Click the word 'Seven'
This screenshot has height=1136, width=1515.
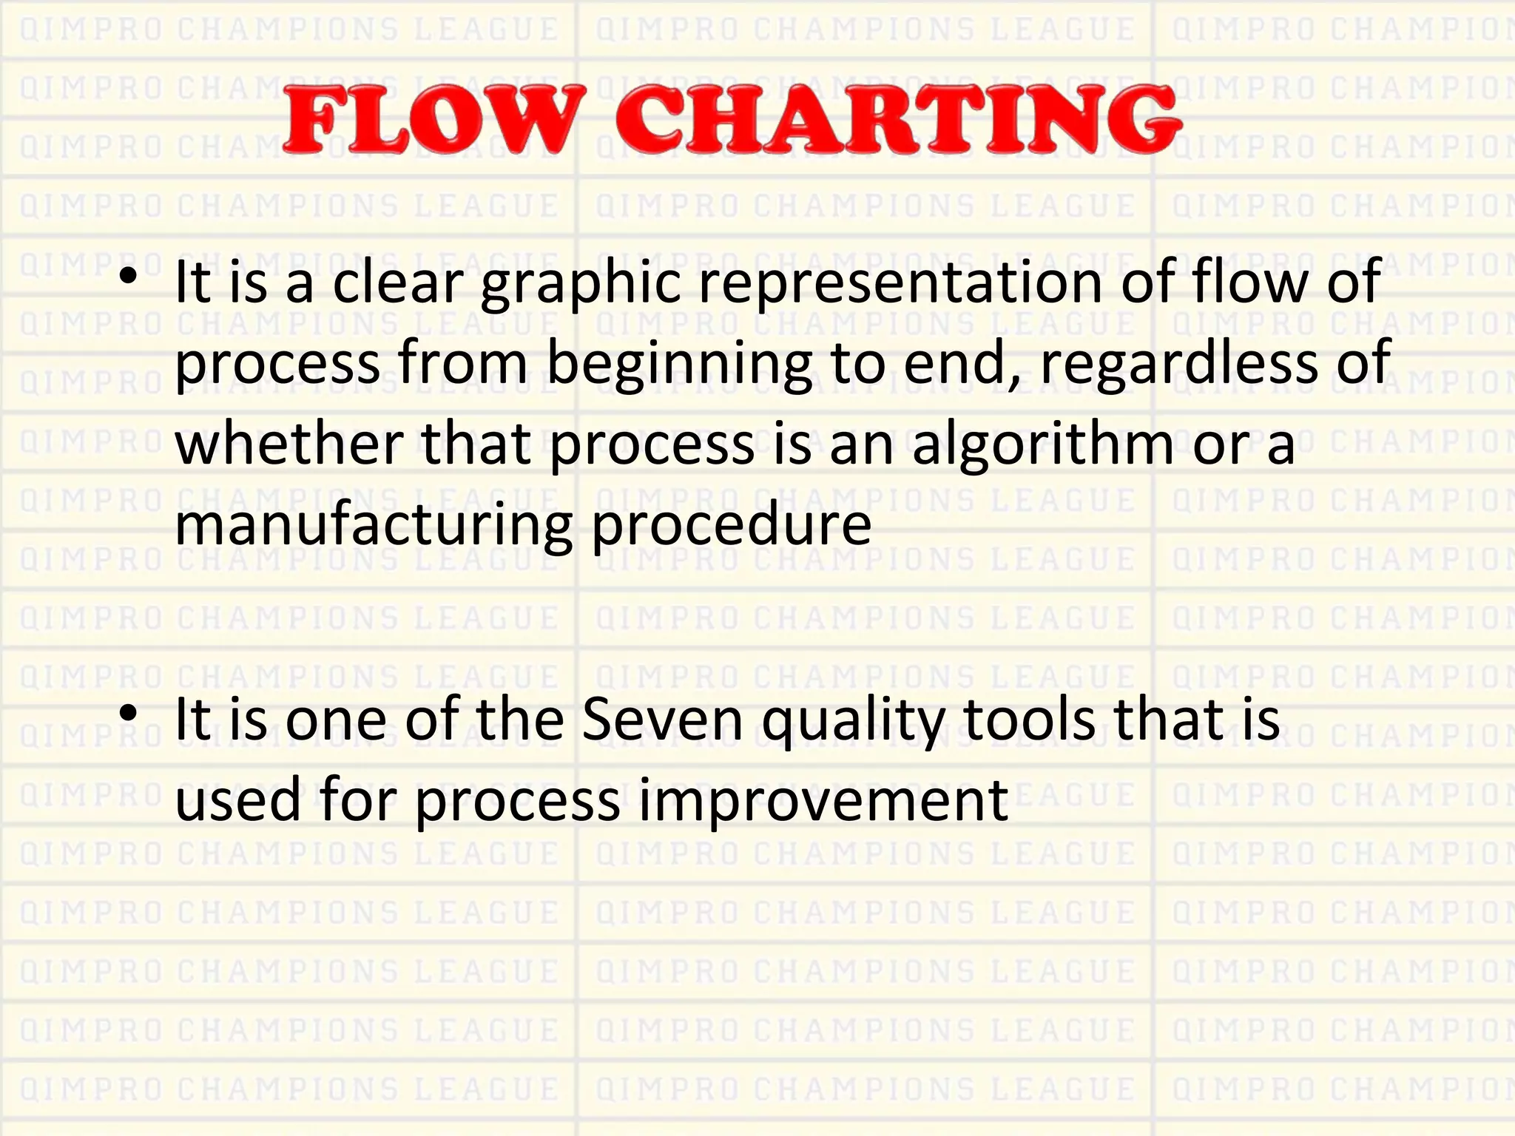pos(662,720)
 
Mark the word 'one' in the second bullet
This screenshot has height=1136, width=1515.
pos(336,722)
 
